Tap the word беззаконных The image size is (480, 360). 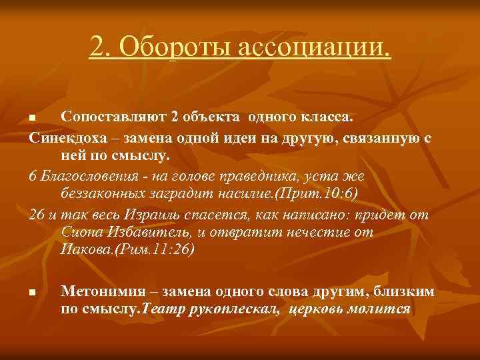[103, 193]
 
